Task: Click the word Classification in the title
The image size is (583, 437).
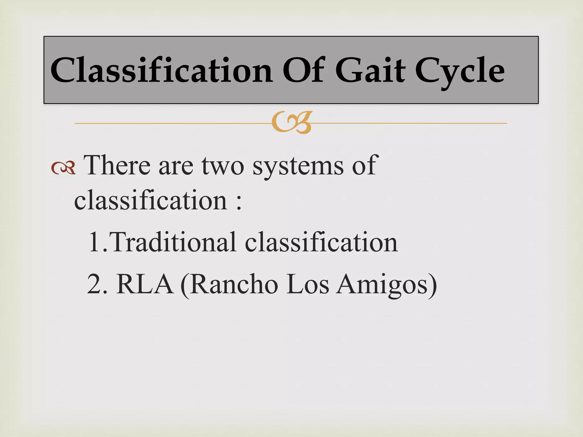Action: (161, 70)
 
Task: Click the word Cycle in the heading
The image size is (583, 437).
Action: (459, 71)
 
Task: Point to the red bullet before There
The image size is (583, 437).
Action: (63, 168)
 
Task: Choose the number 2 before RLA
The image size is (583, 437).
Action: (94, 284)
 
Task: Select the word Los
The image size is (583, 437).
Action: (307, 284)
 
